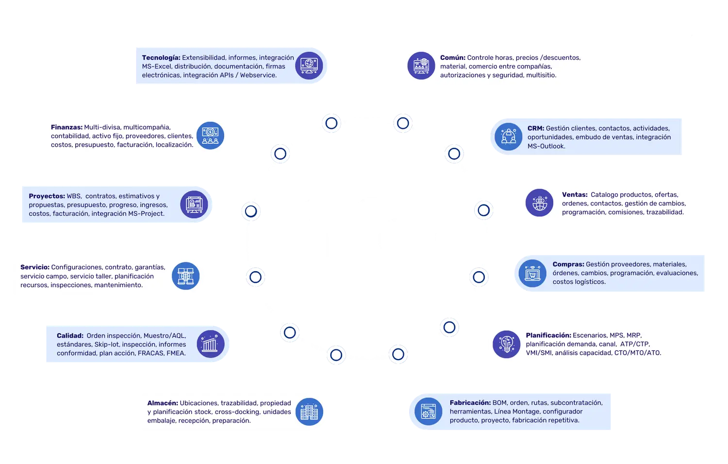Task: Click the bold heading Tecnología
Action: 161,58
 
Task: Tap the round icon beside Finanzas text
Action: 210,136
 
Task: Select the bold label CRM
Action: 536,128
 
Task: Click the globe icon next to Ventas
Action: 539,203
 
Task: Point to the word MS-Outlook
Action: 546,146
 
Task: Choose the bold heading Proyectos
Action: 47,196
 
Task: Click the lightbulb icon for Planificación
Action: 506,344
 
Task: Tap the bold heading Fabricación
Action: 470,403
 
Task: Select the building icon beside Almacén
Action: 309,412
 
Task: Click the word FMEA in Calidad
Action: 176,353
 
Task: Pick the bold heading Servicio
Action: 35,267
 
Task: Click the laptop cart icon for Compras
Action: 532,274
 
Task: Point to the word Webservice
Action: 258,75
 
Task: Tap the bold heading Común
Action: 453,58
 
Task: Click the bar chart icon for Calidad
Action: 210,344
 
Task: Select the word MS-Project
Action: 146,214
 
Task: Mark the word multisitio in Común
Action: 541,75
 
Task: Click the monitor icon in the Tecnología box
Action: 309,66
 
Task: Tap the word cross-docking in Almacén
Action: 237,412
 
